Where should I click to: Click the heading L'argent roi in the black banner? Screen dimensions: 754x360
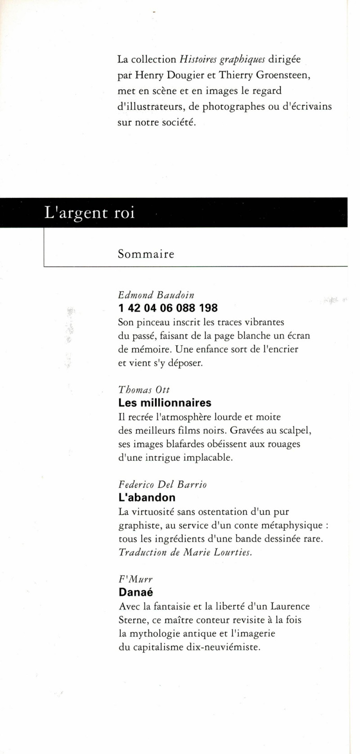90,212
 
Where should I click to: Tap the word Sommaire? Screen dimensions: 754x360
146,254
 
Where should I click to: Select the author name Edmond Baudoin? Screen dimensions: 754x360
156,295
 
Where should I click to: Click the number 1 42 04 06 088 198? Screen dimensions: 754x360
168,308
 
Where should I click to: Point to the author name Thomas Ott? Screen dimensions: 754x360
144,390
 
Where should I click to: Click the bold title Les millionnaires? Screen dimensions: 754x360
165,403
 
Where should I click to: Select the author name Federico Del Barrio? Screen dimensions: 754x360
162,485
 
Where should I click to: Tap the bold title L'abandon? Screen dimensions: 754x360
147,498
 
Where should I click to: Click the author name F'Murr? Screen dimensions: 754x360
135,579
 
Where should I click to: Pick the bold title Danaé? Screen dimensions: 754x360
135,592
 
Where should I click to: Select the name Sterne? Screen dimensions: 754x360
131,620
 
